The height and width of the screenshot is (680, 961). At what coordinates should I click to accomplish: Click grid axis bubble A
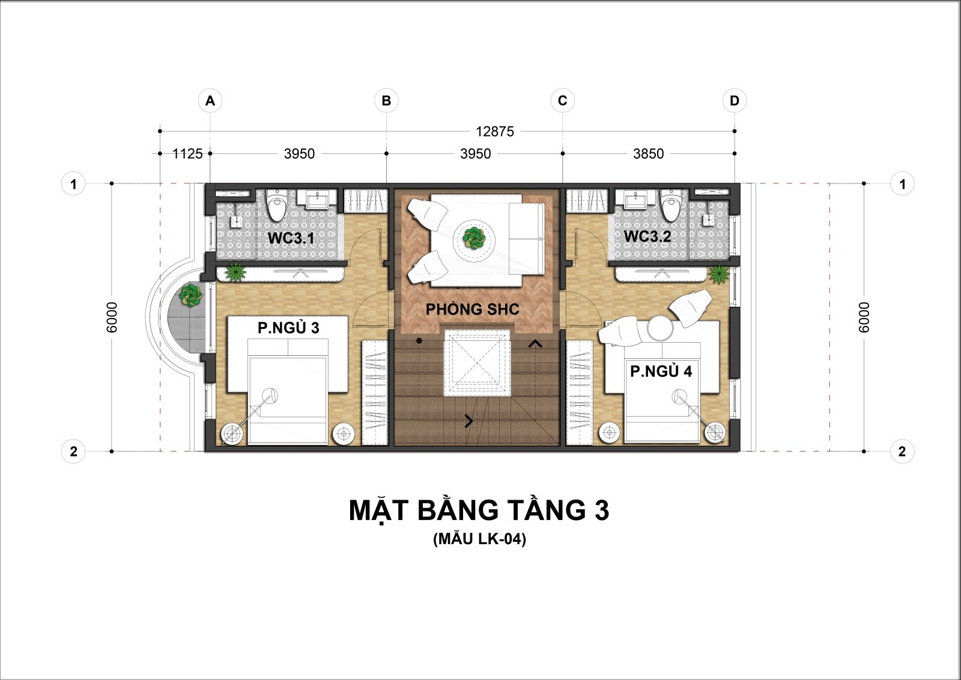(x=210, y=100)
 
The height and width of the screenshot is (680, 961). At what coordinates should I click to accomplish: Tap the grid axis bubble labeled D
(x=735, y=100)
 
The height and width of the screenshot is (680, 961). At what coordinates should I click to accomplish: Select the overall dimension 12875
(x=495, y=132)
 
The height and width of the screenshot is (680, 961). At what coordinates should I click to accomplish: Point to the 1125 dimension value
(x=187, y=154)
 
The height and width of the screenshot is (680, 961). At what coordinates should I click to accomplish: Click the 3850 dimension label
(x=648, y=154)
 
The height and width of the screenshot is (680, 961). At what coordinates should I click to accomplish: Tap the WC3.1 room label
(x=291, y=238)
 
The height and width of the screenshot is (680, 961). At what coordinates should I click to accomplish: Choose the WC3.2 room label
(x=647, y=236)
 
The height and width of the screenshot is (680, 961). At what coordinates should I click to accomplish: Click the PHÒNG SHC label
(x=472, y=309)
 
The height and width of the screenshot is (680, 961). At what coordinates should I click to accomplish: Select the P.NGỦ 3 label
(x=288, y=327)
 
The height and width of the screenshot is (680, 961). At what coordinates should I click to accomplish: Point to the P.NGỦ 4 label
(x=661, y=371)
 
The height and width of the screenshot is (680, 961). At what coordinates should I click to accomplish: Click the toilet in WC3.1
(x=277, y=204)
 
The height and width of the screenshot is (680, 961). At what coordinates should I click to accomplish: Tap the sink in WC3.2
(x=635, y=200)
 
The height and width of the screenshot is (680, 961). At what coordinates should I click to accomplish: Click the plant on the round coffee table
(x=474, y=238)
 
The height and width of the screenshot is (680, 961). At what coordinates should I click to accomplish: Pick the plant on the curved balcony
(x=190, y=295)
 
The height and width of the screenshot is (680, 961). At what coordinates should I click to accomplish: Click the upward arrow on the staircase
(x=535, y=344)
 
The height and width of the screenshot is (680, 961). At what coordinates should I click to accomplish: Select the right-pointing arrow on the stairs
(x=469, y=421)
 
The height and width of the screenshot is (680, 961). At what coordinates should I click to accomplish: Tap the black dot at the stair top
(x=419, y=341)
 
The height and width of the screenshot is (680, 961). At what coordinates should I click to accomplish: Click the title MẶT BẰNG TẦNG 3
(x=479, y=510)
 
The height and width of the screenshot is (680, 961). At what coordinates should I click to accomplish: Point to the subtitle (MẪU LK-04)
(x=480, y=539)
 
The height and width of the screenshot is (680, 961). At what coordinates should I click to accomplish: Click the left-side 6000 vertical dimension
(x=112, y=317)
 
